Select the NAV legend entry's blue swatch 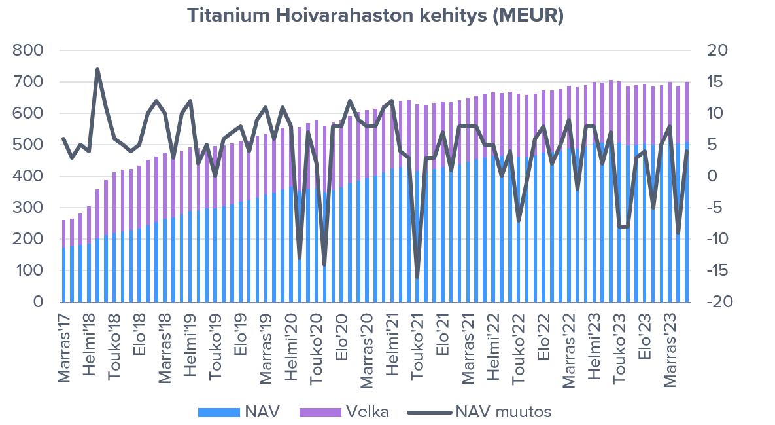click(x=219, y=412)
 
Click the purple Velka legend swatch click(x=320, y=412)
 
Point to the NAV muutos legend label click(x=503, y=412)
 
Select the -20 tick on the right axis click(x=714, y=302)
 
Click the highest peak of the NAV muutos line click(x=97, y=69)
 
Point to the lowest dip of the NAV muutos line click(x=417, y=277)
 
